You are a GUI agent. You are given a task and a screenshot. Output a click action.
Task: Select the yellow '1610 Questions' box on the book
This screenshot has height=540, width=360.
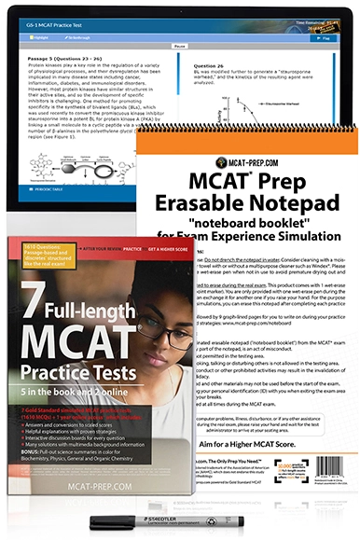click(47, 258)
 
